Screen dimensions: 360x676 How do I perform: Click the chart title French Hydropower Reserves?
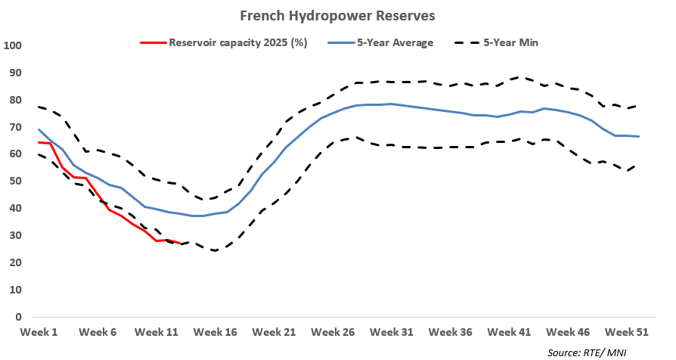pos(337,15)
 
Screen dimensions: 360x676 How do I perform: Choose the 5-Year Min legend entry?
pos(512,42)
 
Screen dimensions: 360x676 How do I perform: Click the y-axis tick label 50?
pos(14,182)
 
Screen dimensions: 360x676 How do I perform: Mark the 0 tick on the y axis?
pos(17,318)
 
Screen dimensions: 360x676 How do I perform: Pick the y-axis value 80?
pos(14,101)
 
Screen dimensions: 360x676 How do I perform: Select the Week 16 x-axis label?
pos(215,332)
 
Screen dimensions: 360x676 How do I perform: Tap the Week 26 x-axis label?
pos(333,332)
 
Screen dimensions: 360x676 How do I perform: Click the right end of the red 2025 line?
pos(179,244)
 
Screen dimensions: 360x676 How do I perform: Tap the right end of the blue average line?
pos(639,136)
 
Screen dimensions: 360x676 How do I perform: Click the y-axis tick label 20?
pos(14,263)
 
